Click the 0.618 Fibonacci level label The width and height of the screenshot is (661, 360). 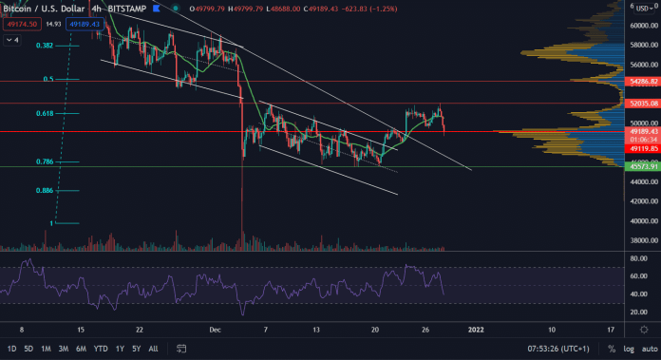click(x=44, y=113)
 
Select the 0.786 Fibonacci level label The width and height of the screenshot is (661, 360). click(x=44, y=162)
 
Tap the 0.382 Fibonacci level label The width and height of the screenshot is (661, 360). click(x=44, y=46)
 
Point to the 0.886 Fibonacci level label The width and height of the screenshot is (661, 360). click(x=44, y=191)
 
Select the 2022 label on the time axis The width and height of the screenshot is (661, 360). click(x=477, y=329)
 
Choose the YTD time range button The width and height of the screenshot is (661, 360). click(x=101, y=349)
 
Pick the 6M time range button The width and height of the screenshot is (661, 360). click(x=80, y=349)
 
